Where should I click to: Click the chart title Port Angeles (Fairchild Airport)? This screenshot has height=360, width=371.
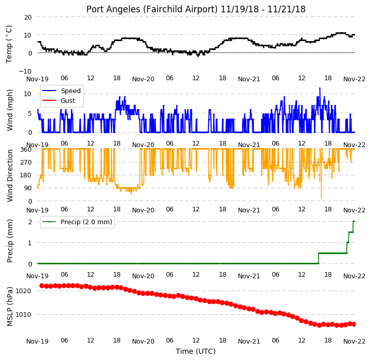(152, 9)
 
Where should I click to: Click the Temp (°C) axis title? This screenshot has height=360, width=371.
(9, 44)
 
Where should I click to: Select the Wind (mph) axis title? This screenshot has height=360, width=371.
(9, 110)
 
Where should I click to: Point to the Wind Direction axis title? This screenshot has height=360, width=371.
(9, 175)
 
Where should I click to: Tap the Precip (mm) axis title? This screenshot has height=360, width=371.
(9, 241)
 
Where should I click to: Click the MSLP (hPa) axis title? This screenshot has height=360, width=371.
(9, 307)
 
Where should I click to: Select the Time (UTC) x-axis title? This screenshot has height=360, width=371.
(196, 351)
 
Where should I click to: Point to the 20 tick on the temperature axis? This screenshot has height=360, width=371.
(28, 17)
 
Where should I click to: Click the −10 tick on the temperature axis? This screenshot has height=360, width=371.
(25, 71)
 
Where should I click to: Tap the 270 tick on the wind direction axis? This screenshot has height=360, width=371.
(26, 162)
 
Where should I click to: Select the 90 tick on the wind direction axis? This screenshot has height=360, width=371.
(28, 188)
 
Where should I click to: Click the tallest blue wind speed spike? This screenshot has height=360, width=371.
(320, 88)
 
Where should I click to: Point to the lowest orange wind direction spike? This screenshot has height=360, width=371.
(321, 197)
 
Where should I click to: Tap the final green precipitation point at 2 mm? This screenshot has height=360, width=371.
(354, 222)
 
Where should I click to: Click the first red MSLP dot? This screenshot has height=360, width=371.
(42, 286)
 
